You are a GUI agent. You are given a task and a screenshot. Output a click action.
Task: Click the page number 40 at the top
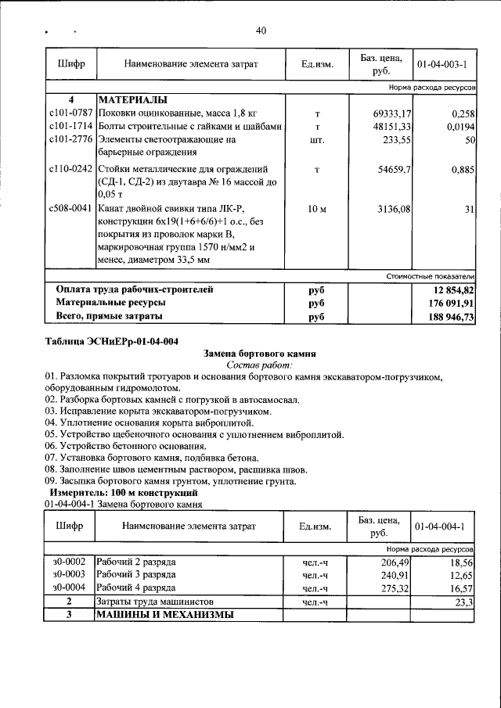click(x=261, y=31)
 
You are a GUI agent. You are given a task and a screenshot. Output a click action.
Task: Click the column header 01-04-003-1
click(x=443, y=63)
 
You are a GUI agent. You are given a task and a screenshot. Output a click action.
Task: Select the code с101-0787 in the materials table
click(x=70, y=114)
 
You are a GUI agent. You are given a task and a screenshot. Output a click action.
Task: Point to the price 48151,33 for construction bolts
click(x=391, y=127)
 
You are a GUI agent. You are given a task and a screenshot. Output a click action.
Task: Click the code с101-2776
click(x=70, y=139)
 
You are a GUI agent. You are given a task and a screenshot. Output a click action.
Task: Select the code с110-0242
click(x=70, y=169)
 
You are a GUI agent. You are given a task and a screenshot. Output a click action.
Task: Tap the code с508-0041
click(x=70, y=209)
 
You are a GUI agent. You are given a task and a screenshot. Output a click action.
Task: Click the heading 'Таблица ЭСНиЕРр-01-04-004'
click(x=112, y=341)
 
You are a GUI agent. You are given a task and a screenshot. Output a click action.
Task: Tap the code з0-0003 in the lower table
click(x=69, y=575)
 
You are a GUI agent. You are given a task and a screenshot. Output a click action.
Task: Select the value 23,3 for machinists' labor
click(x=465, y=602)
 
